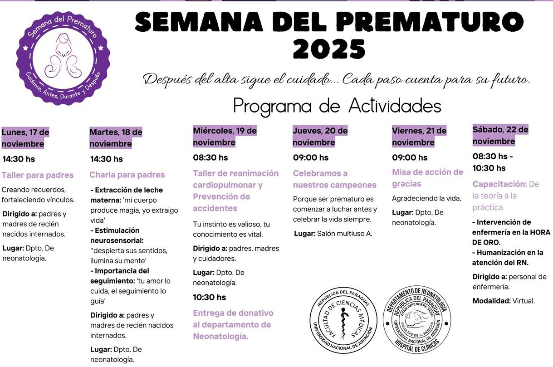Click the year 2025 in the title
[329, 49]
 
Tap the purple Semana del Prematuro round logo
[64, 58]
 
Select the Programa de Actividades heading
[337, 106]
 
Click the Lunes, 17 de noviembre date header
[25, 138]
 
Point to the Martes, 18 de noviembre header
[116, 138]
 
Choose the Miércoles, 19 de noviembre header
[225, 137]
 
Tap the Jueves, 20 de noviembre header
[320, 137]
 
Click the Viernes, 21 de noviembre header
[419, 137]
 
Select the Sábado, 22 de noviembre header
[500, 135]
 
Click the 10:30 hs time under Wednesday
[209, 297]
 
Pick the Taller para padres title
[38, 175]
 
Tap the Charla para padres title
[127, 175]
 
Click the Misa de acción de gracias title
[427, 178]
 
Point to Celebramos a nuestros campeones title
[334, 179]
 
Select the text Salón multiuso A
[344, 234]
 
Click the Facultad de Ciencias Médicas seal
[343, 319]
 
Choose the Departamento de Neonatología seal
[416, 319]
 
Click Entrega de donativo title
[233, 325]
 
